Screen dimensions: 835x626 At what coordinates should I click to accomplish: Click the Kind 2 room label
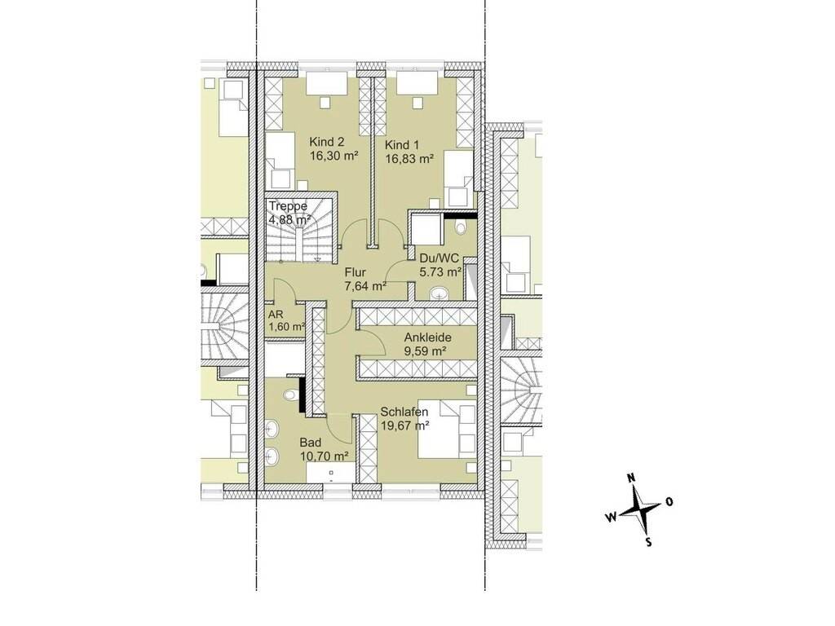[327, 142]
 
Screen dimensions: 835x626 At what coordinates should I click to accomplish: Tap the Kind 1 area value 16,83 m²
[409, 158]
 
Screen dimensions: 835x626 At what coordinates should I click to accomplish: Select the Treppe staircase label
[288, 206]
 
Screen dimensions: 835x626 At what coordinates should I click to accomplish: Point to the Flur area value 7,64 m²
[364, 286]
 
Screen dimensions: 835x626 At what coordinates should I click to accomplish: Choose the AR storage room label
[276, 314]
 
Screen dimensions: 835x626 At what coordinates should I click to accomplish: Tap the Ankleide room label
[427, 337]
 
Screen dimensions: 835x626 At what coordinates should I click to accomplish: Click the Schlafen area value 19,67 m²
[405, 425]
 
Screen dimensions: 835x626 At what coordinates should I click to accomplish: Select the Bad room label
[310, 443]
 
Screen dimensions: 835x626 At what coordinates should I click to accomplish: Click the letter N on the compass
[632, 478]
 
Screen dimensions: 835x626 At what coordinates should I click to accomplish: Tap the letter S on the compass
[648, 542]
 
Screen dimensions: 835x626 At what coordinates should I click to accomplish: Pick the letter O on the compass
[669, 501]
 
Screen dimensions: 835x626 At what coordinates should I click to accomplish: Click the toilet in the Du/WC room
[462, 227]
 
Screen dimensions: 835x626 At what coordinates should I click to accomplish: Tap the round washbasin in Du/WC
[440, 293]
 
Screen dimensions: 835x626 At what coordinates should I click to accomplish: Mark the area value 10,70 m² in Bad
[324, 456]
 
